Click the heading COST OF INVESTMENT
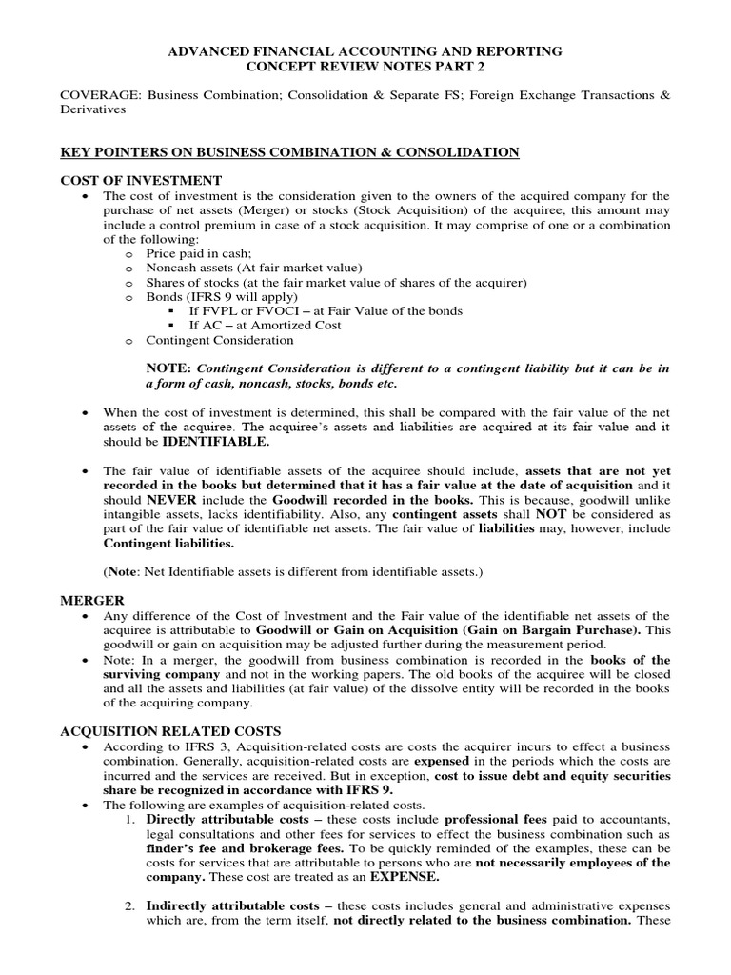point(141,181)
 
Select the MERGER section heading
point(92,601)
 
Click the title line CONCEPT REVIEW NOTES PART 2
point(365,67)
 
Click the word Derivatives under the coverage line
point(93,109)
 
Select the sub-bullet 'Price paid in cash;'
point(198,254)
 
